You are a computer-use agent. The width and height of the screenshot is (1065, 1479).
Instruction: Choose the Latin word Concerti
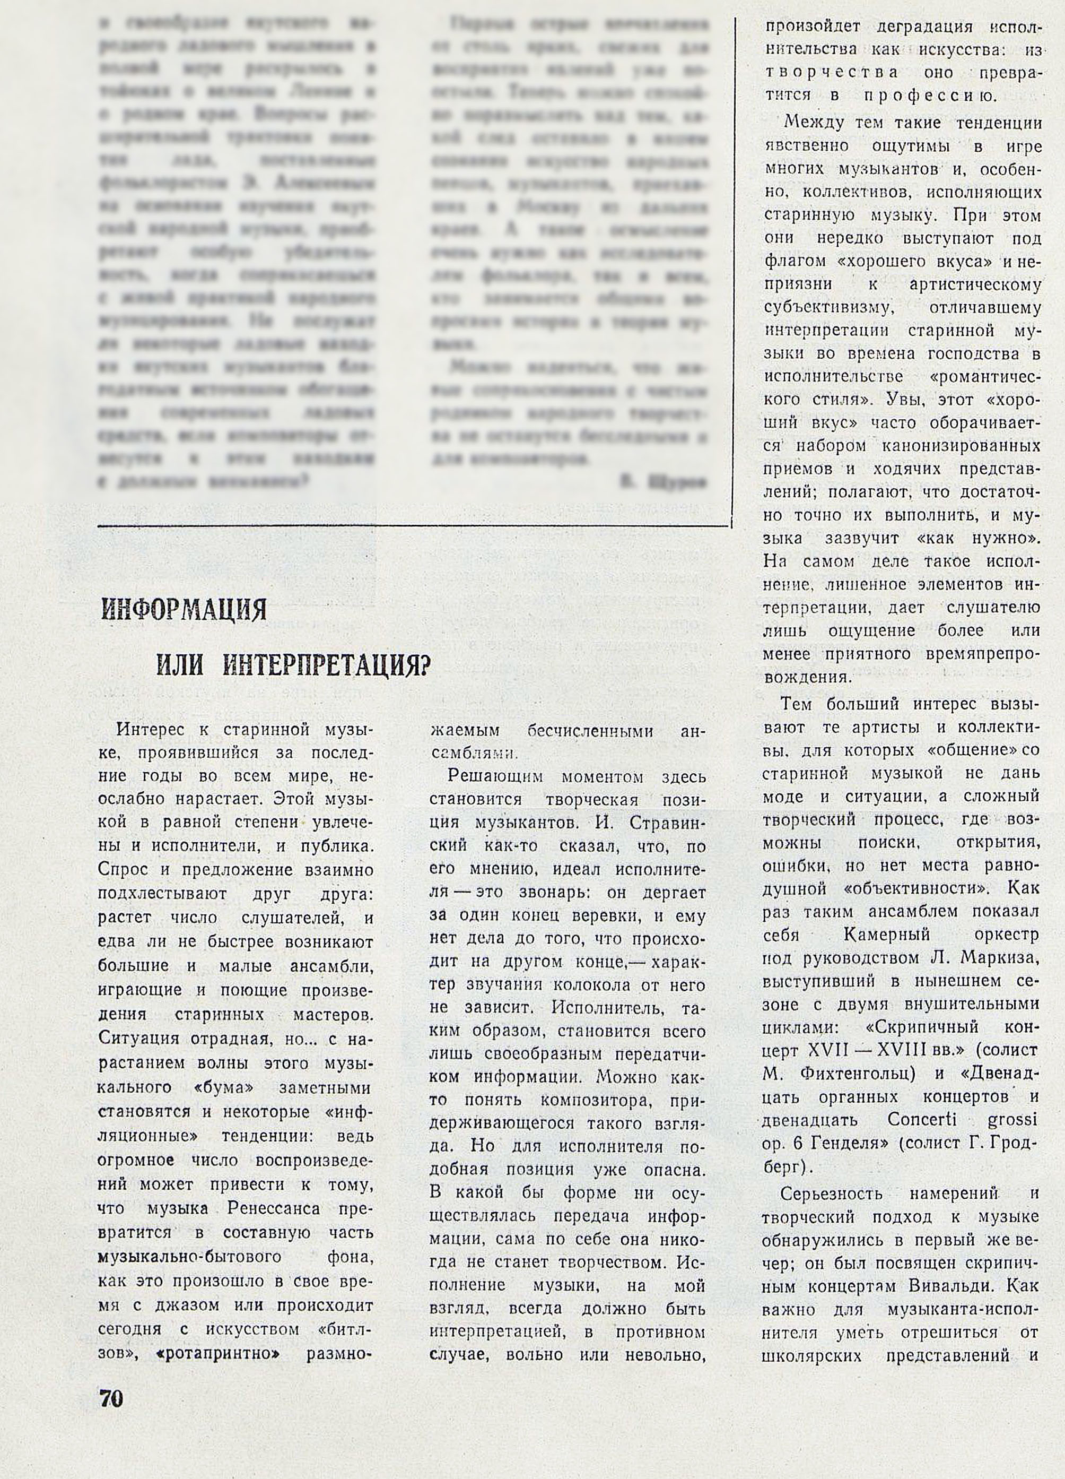pyautogui.click(x=922, y=1120)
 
